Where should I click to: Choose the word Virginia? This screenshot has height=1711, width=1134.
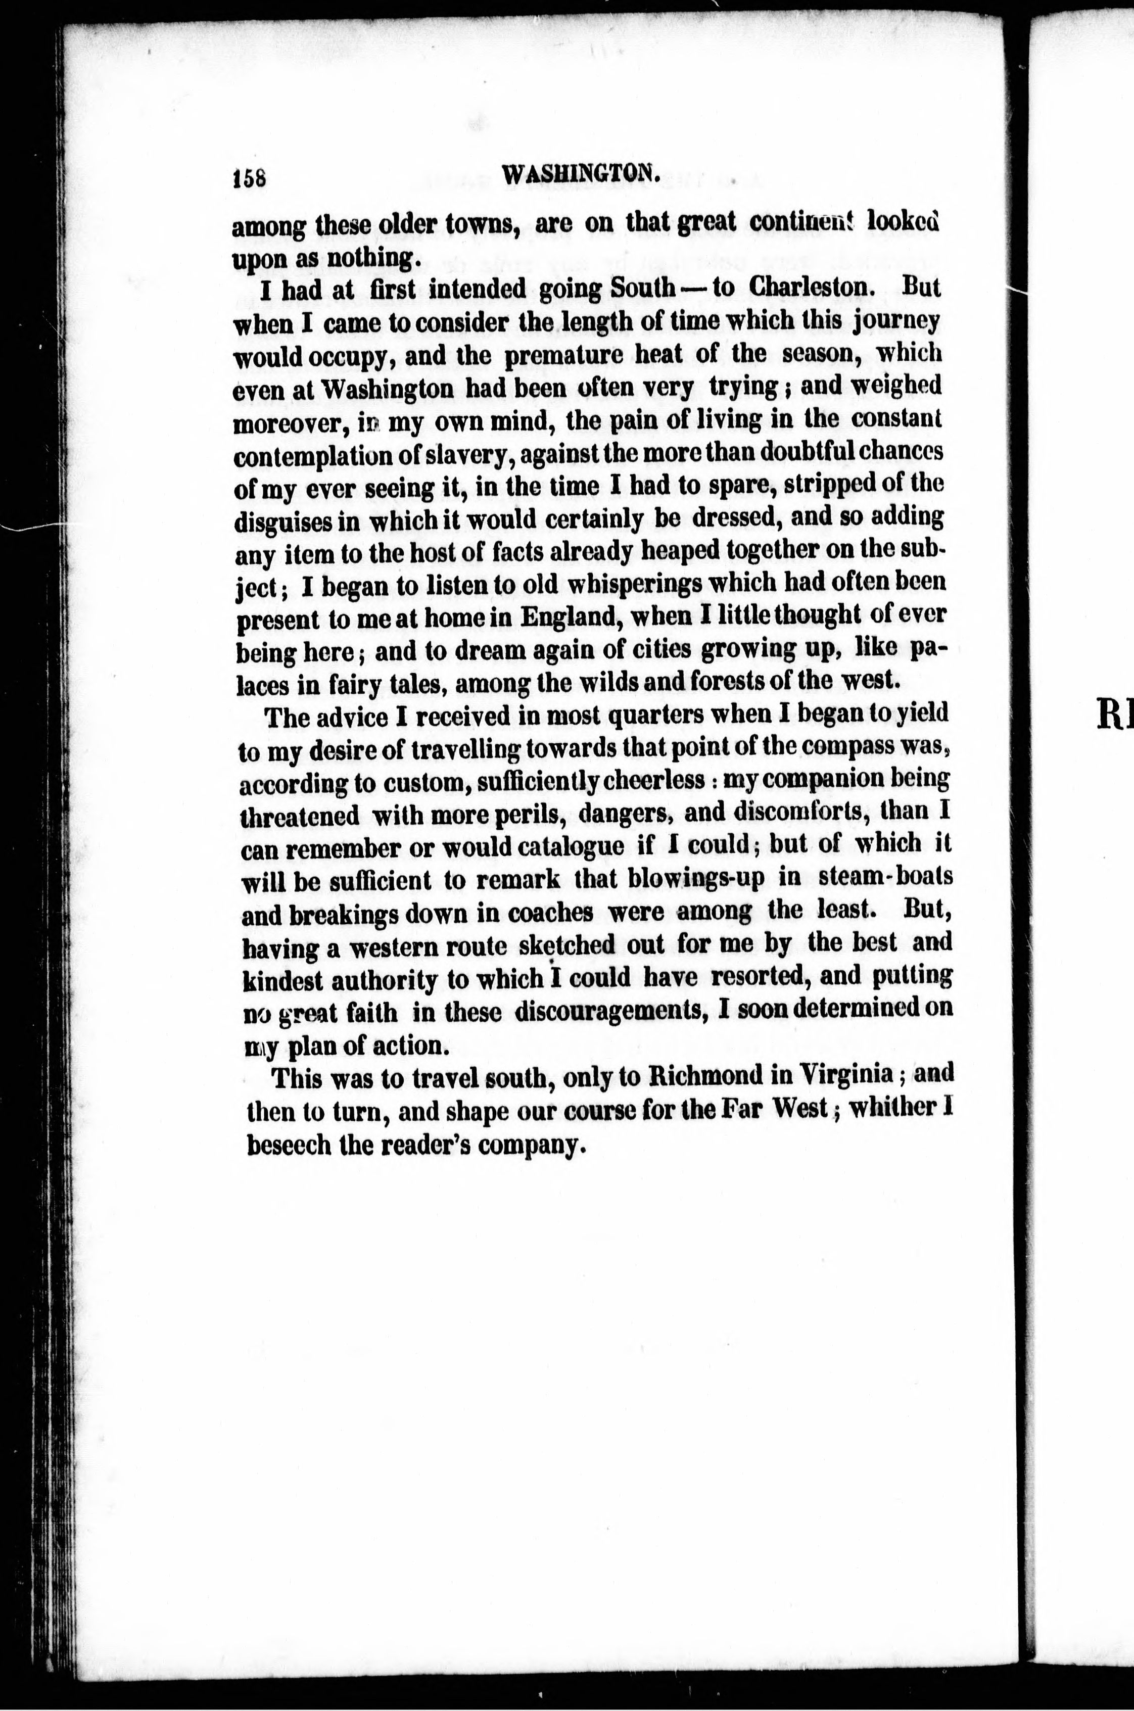(x=841, y=1075)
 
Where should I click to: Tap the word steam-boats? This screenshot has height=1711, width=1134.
(x=884, y=876)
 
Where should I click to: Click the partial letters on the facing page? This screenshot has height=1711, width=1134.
(x=1114, y=717)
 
